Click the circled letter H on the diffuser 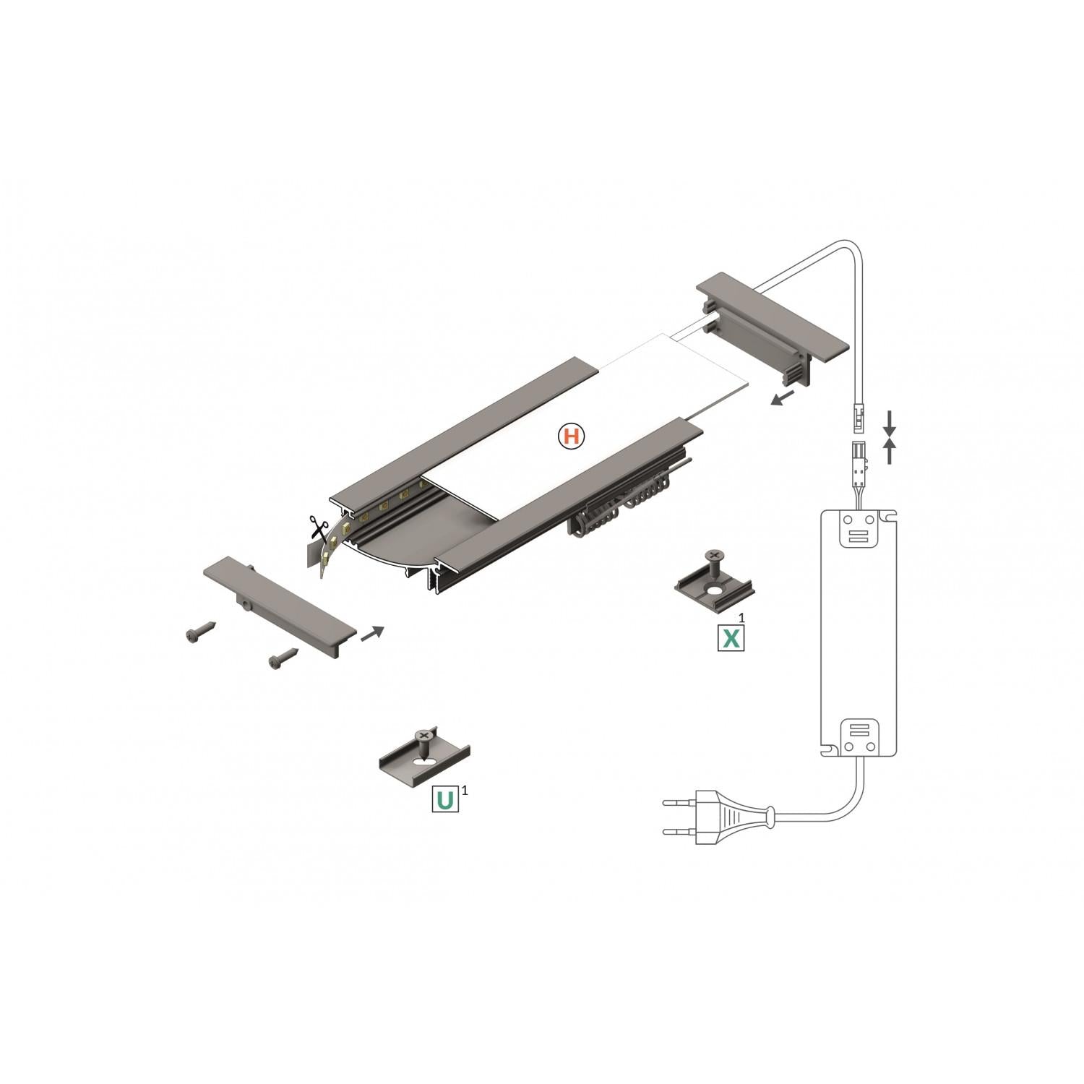point(571,436)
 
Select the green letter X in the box point(731,637)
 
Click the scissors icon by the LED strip point(316,526)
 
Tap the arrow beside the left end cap point(372,633)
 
